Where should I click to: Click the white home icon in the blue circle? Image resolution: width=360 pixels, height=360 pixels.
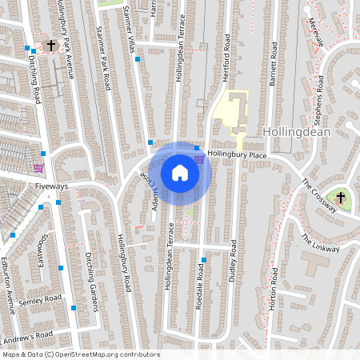click(x=180, y=173)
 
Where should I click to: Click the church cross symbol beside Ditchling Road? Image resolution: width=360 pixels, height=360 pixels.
click(x=52, y=46)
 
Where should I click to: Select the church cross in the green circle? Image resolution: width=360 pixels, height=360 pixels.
click(x=341, y=197)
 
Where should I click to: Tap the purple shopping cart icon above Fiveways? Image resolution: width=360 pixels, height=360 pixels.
click(x=38, y=167)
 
